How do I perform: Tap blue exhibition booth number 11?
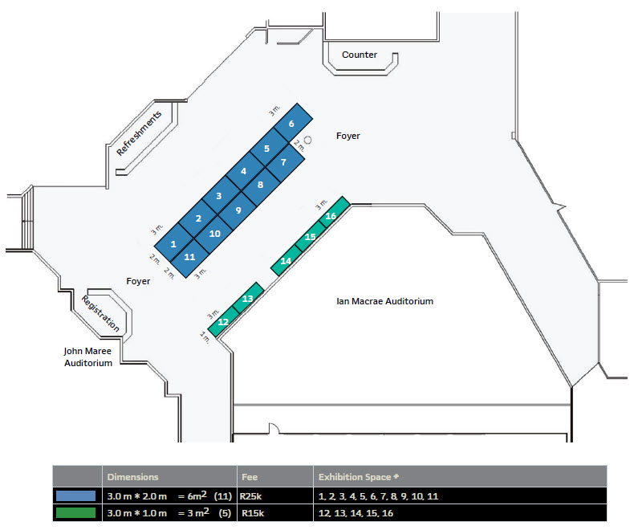191,258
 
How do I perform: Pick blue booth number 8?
260,185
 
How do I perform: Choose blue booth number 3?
219,195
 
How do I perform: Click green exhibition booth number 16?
331,215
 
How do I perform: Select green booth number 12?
224,322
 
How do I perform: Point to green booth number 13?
248,298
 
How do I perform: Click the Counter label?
360,55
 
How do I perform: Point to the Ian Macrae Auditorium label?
384,301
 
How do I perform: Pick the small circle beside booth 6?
308,140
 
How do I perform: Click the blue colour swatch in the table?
76,496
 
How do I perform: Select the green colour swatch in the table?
76,512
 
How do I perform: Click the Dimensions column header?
132,476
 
